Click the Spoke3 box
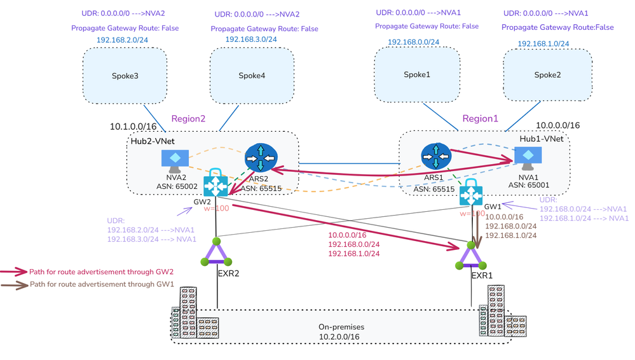coord(125,76)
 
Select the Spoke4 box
coord(252,76)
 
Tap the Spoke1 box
coord(416,74)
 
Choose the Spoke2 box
coord(547,75)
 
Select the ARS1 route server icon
coord(435,156)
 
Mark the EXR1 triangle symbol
coord(471,256)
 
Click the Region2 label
coord(189,119)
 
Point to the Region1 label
coord(481,118)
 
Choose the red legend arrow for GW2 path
coord(14,272)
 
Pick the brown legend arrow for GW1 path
coord(14,284)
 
